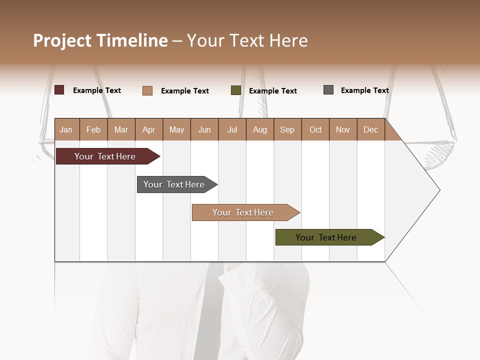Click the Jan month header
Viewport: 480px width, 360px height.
point(66,129)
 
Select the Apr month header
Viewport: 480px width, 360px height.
point(148,129)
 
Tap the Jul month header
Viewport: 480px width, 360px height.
point(232,129)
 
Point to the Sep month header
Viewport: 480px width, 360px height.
point(287,129)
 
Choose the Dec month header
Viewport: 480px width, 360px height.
point(370,129)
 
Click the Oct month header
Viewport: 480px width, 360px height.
point(315,129)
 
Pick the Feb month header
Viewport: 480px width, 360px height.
point(93,129)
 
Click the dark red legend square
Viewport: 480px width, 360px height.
point(59,90)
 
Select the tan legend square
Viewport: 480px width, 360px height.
point(147,90)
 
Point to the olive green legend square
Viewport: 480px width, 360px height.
point(236,90)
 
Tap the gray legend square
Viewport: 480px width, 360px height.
point(328,90)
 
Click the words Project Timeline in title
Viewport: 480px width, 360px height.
point(100,40)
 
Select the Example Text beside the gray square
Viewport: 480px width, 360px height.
point(364,90)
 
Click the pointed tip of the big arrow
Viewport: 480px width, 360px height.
point(438,190)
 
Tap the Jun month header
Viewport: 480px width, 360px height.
point(204,129)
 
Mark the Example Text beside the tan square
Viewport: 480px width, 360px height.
point(184,91)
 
